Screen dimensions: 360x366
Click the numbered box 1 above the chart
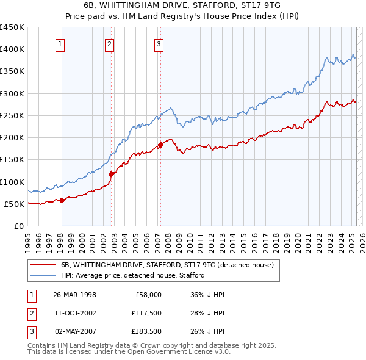point(61,44)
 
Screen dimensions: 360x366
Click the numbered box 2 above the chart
point(109,44)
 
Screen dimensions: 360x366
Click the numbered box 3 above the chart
point(158,44)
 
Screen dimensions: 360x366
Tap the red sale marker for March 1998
point(62,200)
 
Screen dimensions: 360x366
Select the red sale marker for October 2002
point(112,174)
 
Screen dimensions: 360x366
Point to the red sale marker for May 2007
point(161,145)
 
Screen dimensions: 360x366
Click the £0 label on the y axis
point(18,226)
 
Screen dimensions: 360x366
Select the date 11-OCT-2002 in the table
point(75,312)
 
